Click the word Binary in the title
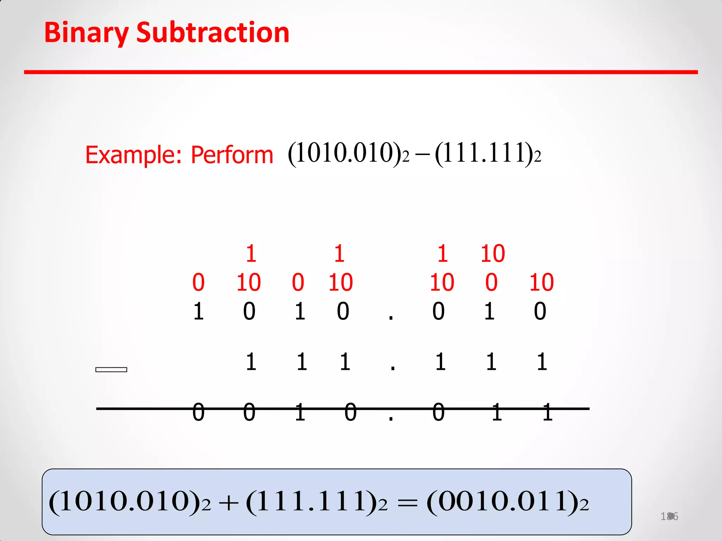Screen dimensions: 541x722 point(86,33)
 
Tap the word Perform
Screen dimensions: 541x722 point(232,155)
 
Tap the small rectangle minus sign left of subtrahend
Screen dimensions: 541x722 point(111,369)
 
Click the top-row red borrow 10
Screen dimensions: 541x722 point(492,254)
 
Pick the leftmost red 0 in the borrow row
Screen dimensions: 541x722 point(198,282)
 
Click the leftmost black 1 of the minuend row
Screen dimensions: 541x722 point(198,311)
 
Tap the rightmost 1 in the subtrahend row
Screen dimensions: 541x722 point(542,362)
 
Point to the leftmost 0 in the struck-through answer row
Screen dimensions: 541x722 point(198,412)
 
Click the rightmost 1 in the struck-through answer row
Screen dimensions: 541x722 point(547,412)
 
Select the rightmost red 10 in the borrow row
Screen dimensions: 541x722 point(541,282)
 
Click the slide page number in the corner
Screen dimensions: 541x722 point(669,516)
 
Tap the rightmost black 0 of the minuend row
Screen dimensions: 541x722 point(540,311)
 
